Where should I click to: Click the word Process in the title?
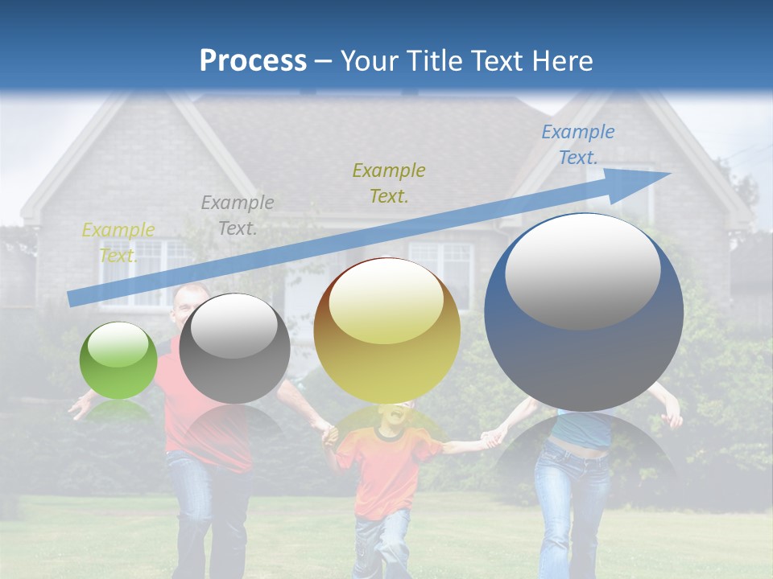253,60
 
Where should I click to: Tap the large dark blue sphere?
584,322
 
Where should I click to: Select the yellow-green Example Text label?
118,242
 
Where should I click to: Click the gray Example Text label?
238,215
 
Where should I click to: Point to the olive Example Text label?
389,183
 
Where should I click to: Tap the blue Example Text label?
577,145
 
